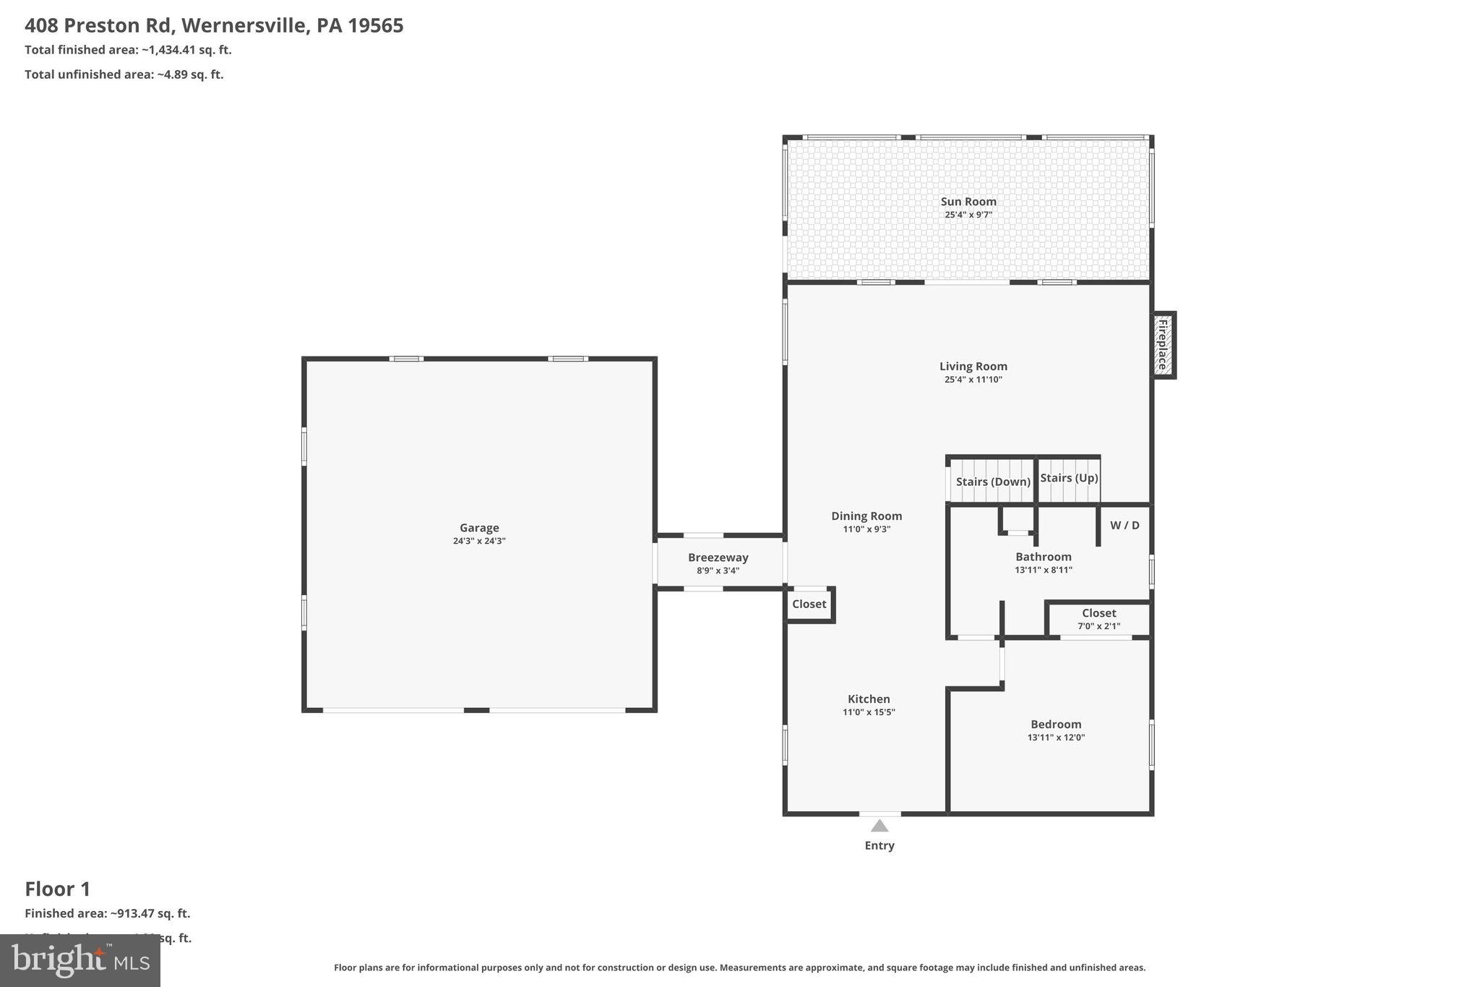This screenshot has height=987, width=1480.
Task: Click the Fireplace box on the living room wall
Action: click(x=1163, y=345)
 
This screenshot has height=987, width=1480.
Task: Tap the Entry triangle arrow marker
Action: click(x=879, y=826)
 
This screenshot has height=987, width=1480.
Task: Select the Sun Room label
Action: click(x=968, y=202)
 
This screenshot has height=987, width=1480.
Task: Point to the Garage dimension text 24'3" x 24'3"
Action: click(x=479, y=541)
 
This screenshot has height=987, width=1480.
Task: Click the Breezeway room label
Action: click(x=718, y=557)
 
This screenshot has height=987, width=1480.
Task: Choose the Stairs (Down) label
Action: click(x=992, y=482)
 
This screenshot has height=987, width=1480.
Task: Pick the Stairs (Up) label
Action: click(x=1069, y=478)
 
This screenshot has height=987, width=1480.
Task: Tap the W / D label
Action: click(x=1124, y=525)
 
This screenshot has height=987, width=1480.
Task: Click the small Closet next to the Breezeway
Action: click(x=809, y=604)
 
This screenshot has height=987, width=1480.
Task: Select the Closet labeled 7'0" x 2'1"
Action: click(x=1098, y=619)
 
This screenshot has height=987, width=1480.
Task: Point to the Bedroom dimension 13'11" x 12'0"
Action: click(x=1056, y=738)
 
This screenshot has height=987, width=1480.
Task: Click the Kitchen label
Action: click(x=869, y=698)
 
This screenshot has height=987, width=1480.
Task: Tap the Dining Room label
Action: click(x=866, y=516)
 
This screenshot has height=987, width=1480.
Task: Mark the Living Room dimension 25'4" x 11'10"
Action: click(x=973, y=380)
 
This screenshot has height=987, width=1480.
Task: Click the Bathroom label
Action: click(x=1043, y=557)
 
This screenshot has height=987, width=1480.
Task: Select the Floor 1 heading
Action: click(x=58, y=889)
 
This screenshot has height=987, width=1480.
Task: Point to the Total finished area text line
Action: click(x=128, y=50)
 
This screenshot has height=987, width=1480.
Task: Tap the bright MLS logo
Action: click(x=80, y=960)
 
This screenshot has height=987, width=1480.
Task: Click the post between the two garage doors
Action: click(x=476, y=710)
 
